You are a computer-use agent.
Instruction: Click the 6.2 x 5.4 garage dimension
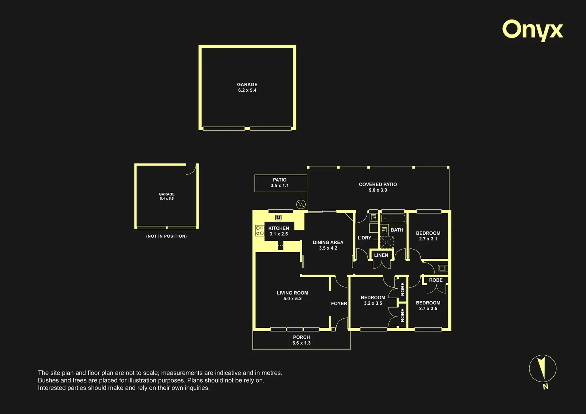point(247,90)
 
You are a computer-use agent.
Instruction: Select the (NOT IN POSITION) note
point(166,236)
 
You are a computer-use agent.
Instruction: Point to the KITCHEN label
point(278,228)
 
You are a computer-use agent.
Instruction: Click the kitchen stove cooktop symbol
point(260,231)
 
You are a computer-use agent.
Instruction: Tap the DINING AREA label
point(328,242)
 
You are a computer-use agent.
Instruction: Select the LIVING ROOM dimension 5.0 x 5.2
point(293,299)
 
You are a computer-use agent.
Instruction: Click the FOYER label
point(339,303)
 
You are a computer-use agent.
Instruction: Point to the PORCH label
point(301,337)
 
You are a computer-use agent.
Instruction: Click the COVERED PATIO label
point(378,184)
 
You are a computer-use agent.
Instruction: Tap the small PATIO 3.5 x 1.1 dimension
point(280,186)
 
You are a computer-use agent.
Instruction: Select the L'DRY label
point(364,238)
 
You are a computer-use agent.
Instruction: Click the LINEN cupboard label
point(381,255)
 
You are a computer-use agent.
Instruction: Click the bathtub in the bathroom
point(393,219)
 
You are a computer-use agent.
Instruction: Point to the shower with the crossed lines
point(387,242)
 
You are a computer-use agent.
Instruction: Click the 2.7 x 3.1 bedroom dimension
point(428,239)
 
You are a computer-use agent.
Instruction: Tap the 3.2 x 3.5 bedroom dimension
point(373,303)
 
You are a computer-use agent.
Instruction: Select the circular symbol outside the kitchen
point(301,204)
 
